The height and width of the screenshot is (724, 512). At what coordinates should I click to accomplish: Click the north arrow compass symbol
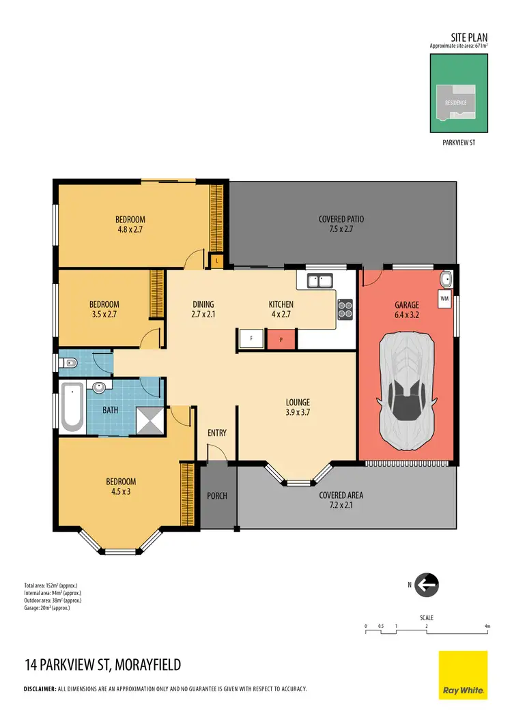click(427, 585)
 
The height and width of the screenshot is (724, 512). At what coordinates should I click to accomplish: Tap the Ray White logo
click(463, 675)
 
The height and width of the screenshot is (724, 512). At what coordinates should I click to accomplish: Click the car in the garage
click(407, 392)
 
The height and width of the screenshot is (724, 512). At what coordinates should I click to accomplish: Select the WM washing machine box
click(444, 299)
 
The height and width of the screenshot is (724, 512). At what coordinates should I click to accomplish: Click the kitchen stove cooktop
click(345, 310)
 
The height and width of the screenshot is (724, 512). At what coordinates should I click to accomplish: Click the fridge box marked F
click(251, 338)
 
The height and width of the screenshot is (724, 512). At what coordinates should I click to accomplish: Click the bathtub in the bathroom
click(71, 407)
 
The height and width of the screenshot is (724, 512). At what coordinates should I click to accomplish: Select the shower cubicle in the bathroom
click(150, 420)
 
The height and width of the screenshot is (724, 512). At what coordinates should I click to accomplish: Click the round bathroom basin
click(99, 388)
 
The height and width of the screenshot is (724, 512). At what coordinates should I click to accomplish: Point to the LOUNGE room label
click(298, 403)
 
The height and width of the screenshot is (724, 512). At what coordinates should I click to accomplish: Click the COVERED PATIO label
click(341, 219)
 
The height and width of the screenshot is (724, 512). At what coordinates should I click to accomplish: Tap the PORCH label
click(217, 495)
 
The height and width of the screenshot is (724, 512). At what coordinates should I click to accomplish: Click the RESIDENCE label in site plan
click(456, 102)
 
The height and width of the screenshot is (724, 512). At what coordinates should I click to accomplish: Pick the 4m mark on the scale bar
click(487, 626)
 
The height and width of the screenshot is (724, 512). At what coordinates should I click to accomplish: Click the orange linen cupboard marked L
click(216, 260)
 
